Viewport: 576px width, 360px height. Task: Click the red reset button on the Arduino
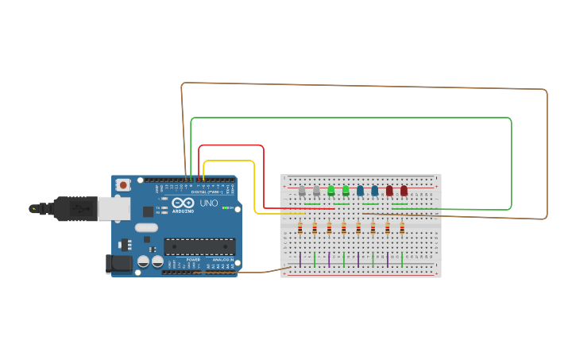(x=123, y=185)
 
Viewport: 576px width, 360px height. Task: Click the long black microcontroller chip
(x=199, y=246)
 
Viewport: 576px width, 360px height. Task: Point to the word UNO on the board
(x=208, y=203)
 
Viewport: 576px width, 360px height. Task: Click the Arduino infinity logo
(x=183, y=203)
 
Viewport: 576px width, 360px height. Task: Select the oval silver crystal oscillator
(x=146, y=227)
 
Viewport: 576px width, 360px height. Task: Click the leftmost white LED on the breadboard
(x=302, y=191)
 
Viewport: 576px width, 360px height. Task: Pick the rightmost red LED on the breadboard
(x=404, y=191)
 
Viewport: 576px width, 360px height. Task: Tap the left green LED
(x=331, y=191)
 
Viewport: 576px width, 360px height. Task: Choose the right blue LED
(x=374, y=191)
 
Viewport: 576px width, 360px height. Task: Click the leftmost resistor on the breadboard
(x=300, y=228)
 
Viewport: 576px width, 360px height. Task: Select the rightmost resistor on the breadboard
(x=402, y=228)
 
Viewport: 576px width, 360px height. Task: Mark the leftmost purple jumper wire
(x=300, y=259)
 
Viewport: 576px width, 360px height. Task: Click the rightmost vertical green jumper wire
(x=402, y=259)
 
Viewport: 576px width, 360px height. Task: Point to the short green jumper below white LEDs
(x=312, y=204)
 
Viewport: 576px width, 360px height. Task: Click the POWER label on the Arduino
(x=193, y=260)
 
